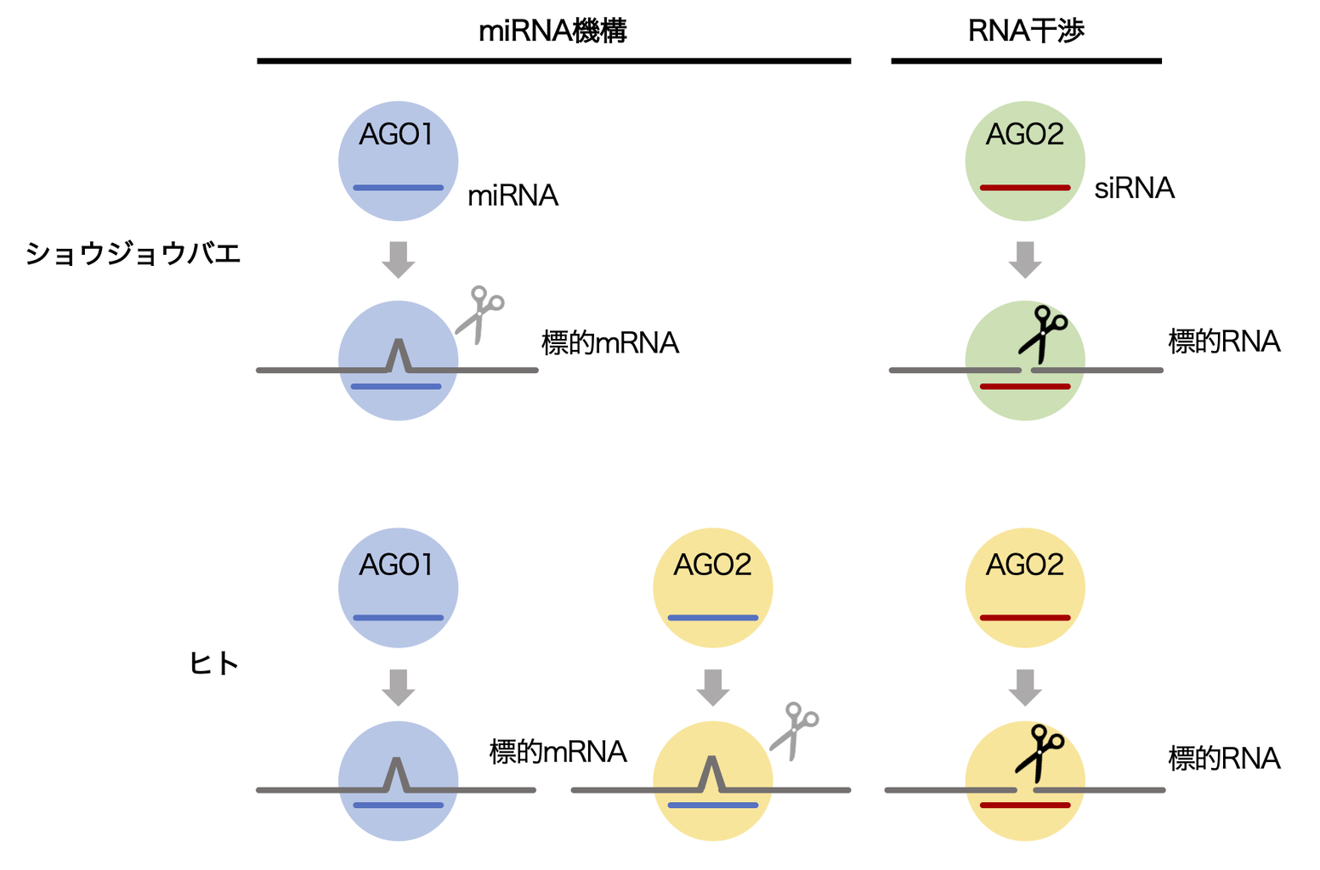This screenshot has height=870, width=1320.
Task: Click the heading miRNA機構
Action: (x=552, y=31)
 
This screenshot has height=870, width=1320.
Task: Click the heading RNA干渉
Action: (x=1026, y=31)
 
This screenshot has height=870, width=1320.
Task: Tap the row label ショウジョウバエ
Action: (x=133, y=253)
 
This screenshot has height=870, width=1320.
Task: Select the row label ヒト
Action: (x=213, y=664)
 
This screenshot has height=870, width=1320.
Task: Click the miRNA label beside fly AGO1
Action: (x=513, y=196)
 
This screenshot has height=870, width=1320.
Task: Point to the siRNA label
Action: (x=1134, y=188)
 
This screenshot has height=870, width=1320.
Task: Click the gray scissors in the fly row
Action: (x=480, y=314)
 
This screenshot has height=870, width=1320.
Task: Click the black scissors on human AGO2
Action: (x=1040, y=751)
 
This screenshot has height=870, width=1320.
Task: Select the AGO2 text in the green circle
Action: (x=1024, y=134)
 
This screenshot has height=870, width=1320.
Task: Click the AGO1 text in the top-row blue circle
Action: (x=396, y=134)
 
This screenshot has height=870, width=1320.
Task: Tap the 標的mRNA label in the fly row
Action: (x=609, y=343)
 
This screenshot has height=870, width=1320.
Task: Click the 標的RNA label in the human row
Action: (x=1224, y=758)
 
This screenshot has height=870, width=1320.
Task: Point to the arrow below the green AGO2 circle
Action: (x=1025, y=259)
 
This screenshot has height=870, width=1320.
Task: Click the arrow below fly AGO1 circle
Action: (x=398, y=259)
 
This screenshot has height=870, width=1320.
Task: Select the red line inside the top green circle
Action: (x=1025, y=188)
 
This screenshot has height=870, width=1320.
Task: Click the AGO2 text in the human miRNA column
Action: (x=712, y=565)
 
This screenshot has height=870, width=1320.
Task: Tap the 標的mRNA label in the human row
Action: (x=558, y=752)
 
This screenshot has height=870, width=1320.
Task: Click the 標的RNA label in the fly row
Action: (x=1224, y=342)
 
